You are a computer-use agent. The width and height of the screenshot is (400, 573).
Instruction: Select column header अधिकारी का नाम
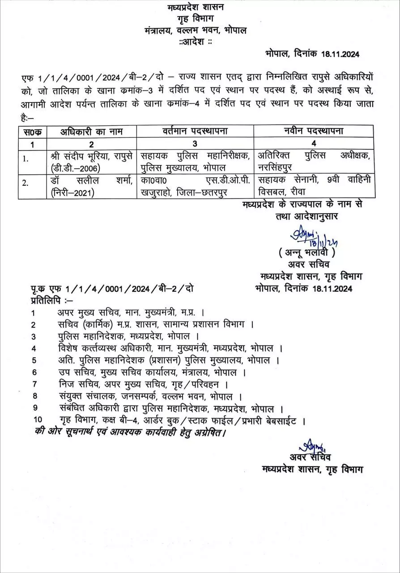92,132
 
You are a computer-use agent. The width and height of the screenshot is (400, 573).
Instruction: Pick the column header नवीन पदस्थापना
313,132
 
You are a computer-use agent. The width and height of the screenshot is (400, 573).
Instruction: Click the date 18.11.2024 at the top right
340,54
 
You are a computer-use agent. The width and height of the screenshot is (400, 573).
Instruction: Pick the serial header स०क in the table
32,132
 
